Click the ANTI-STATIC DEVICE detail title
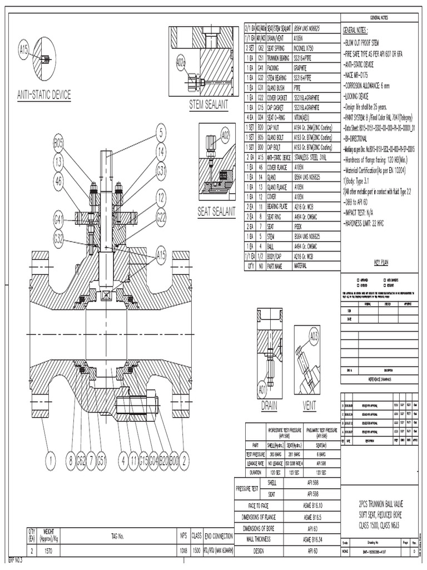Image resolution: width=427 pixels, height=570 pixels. (44, 95)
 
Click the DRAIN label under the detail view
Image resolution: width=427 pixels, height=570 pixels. (269, 407)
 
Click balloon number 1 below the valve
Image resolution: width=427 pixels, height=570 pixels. (51, 460)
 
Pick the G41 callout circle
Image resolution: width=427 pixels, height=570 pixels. (60, 218)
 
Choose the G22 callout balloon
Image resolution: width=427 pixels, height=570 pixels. (161, 217)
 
